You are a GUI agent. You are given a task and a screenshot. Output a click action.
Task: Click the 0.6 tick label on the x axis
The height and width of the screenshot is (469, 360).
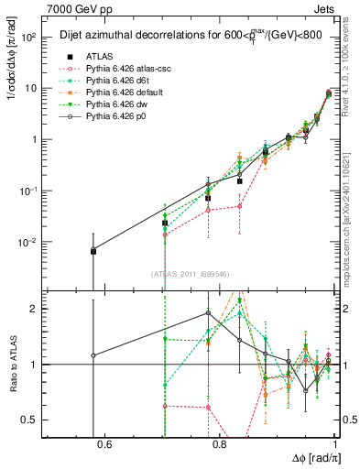104,445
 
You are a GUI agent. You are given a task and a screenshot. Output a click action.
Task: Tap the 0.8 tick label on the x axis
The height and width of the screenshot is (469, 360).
219,445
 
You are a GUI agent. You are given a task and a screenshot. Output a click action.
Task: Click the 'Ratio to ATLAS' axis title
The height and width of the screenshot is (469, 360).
12,364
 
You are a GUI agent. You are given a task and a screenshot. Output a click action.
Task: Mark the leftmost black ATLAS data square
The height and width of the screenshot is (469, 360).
93,251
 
